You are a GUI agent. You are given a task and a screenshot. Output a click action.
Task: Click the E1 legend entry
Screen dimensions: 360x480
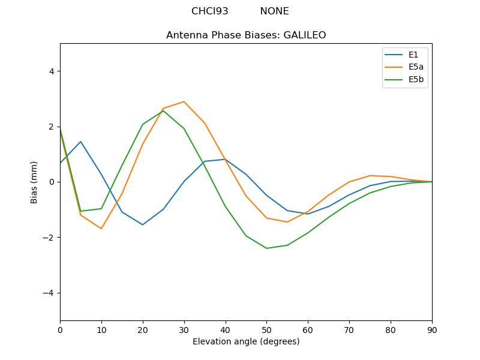[414, 55]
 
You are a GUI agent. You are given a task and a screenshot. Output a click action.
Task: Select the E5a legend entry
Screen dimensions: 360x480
[416, 67]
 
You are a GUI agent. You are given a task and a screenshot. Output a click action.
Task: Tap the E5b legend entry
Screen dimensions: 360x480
[416, 79]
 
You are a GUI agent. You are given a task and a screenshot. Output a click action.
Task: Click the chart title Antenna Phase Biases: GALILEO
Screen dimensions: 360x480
[246, 35]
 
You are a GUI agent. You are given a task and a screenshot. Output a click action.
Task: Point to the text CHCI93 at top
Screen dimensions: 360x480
[210, 11]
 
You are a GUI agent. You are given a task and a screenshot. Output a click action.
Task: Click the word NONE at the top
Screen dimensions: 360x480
[274, 11]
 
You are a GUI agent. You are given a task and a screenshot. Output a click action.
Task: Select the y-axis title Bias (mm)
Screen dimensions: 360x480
[35, 182]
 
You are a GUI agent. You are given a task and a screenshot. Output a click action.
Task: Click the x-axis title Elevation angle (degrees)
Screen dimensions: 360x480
[246, 341]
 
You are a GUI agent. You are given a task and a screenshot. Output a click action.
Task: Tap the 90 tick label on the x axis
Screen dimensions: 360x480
[432, 329]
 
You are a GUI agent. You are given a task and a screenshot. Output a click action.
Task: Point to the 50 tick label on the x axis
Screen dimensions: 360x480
[266, 329]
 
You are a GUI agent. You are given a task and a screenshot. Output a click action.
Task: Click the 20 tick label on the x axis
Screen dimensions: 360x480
[143, 329]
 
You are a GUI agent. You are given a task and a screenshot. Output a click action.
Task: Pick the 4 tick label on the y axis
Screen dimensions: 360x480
[52, 71]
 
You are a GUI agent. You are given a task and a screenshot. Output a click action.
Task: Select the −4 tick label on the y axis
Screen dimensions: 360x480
[49, 293]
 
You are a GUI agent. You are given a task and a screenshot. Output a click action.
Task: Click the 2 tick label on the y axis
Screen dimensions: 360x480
[52, 127]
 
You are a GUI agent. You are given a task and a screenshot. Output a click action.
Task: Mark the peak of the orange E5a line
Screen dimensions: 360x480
[184, 101]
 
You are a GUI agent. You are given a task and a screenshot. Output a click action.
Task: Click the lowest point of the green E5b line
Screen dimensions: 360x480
[266, 248]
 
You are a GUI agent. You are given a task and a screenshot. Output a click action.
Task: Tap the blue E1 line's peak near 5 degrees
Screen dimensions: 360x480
[80, 142]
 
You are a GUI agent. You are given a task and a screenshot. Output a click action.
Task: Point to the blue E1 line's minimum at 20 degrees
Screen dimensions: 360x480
[143, 224]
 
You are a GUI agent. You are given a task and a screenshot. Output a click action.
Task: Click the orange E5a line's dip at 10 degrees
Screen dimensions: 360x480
[101, 229]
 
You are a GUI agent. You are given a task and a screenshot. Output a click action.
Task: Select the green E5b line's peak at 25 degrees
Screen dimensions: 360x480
[163, 110]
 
